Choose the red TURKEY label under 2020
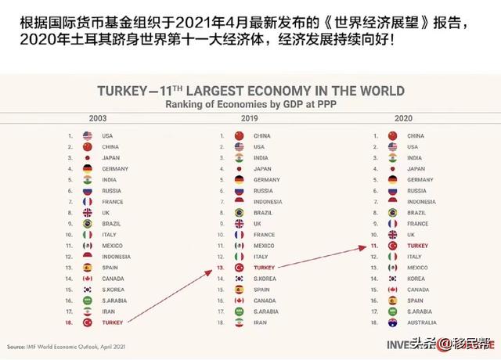[x=417, y=245]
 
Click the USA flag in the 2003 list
[x=87, y=135]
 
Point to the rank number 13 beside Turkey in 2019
[x=222, y=267]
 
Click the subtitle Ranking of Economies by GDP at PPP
[x=251, y=103]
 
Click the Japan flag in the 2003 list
[x=87, y=157]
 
